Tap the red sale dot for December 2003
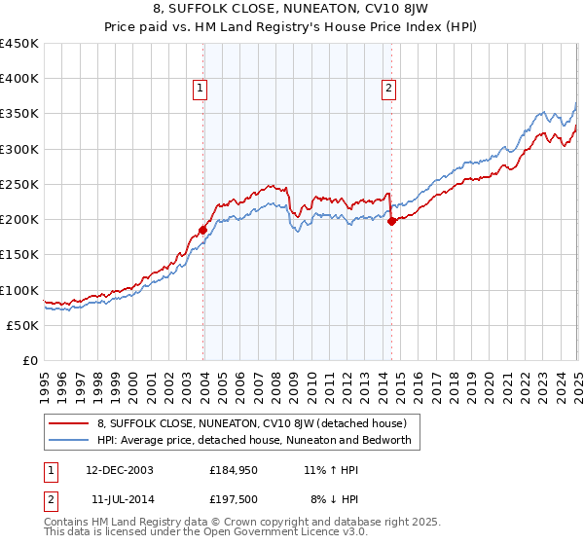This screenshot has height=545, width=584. tap(203, 231)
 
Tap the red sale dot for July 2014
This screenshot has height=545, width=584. tap(391, 222)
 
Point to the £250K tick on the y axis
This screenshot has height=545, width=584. tap(19, 184)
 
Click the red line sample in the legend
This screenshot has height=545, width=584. tap(69, 423)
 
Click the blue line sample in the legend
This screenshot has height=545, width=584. tap(69, 440)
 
